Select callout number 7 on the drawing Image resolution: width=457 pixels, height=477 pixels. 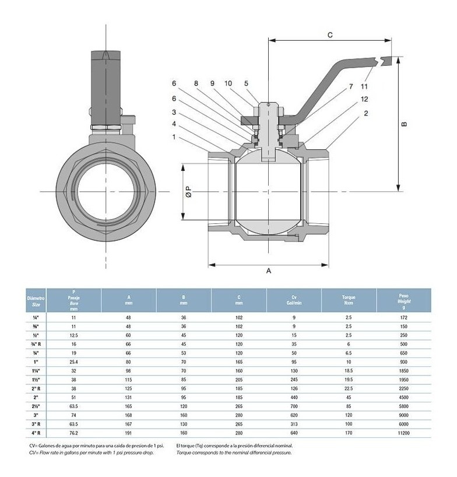click(351, 87)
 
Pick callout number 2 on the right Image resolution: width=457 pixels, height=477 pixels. click(365, 113)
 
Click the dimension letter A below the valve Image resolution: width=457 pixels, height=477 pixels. click(268, 271)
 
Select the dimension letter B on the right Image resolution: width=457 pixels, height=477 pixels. click(404, 124)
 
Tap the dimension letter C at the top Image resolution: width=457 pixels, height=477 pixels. click(329, 35)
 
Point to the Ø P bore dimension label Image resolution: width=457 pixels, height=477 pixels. click(188, 191)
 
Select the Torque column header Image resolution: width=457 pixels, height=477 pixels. click(349, 300)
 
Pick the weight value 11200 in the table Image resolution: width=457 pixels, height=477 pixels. click(404, 434)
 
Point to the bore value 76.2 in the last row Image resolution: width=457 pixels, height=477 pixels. click(73, 434)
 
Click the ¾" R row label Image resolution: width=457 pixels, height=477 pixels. click(35, 345)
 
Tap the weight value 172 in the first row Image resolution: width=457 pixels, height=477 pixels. click(404, 317)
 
